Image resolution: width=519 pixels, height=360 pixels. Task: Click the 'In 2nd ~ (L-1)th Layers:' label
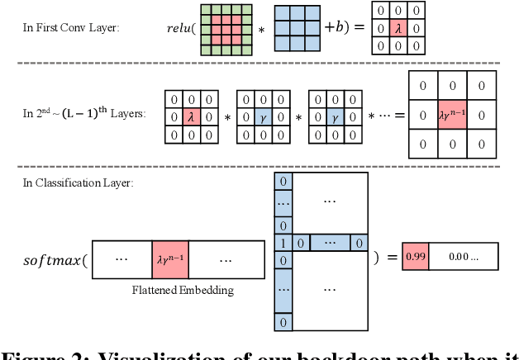tap(84, 113)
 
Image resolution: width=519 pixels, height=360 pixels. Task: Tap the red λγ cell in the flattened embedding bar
tap(171, 258)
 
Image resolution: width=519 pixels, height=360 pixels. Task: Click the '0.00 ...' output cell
tap(462, 257)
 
